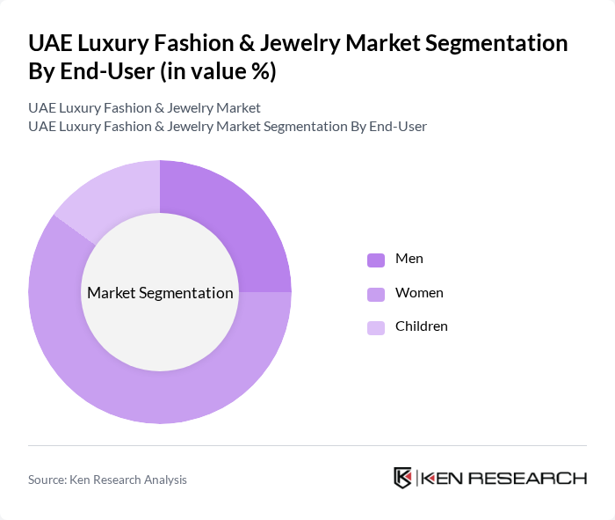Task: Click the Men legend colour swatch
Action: (376, 260)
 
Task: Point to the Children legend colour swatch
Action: (376, 327)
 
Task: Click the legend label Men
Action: (409, 259)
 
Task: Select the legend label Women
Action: (419, 293)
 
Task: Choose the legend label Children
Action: (422, 326)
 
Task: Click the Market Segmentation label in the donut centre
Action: (160, 293)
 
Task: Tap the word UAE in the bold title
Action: (50, 43)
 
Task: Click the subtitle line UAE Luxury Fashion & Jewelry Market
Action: (144, 108)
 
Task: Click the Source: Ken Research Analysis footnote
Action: (107, 480)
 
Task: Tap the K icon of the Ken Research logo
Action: (403, 478)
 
